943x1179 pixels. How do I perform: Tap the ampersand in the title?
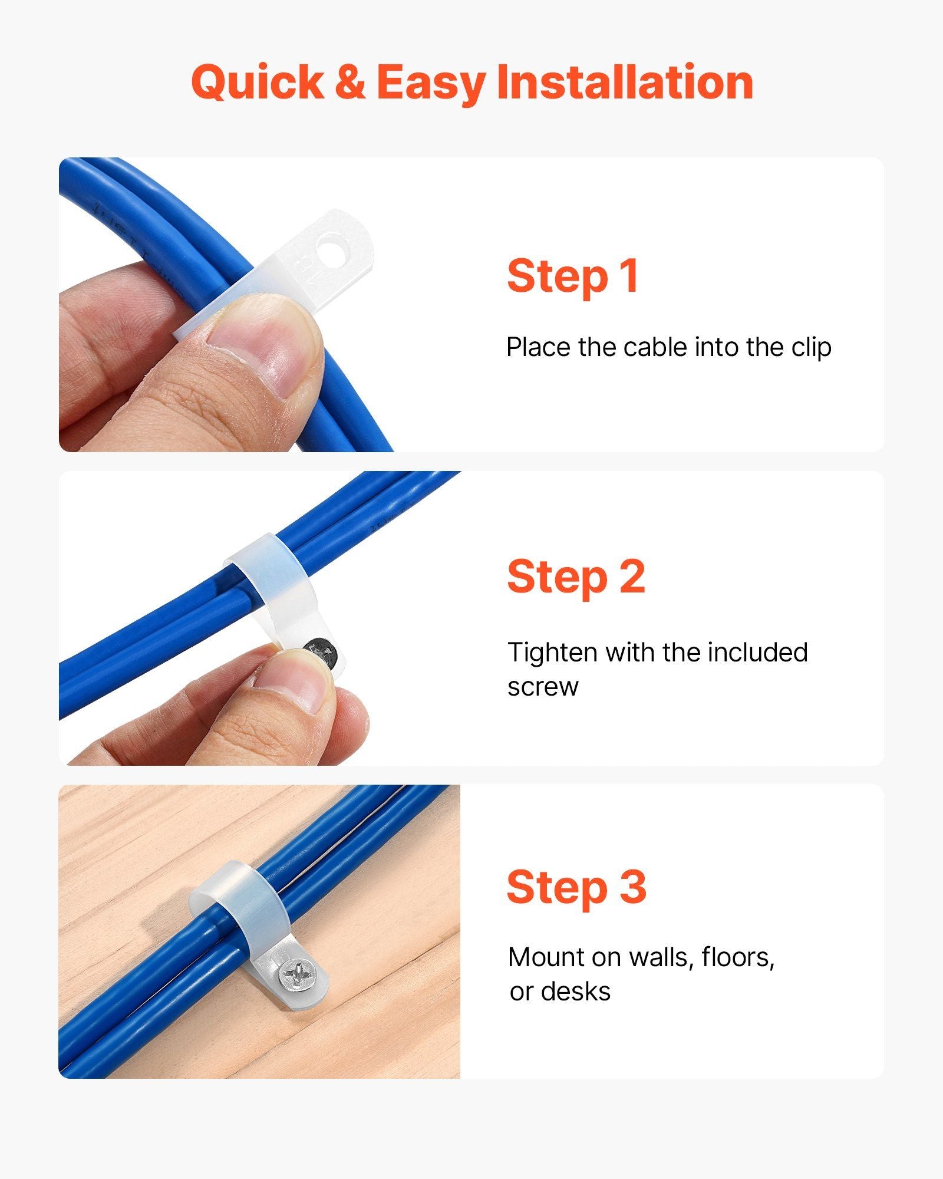(x=350, y=82)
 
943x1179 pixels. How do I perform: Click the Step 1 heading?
(x=573, y=276)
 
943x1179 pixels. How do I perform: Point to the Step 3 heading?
(x=576, y=887)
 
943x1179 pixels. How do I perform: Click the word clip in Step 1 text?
(x=812, y=348)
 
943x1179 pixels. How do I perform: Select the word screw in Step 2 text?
(x=543, y=687)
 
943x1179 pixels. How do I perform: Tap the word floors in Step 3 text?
(x=738, y=957)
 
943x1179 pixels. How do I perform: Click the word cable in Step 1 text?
(x=656, y=347)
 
